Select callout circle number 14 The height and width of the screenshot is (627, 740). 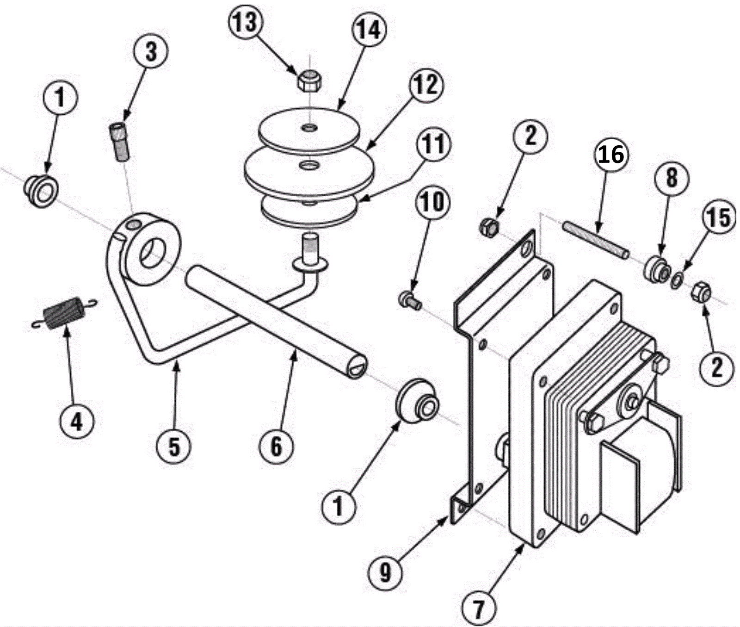tap(370, 30)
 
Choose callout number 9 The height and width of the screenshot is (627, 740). tap(385, 573)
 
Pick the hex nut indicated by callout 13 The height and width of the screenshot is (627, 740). tap(310, 81)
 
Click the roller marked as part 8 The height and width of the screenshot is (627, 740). tap(656, 269)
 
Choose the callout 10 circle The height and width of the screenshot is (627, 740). tap(432, 202)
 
